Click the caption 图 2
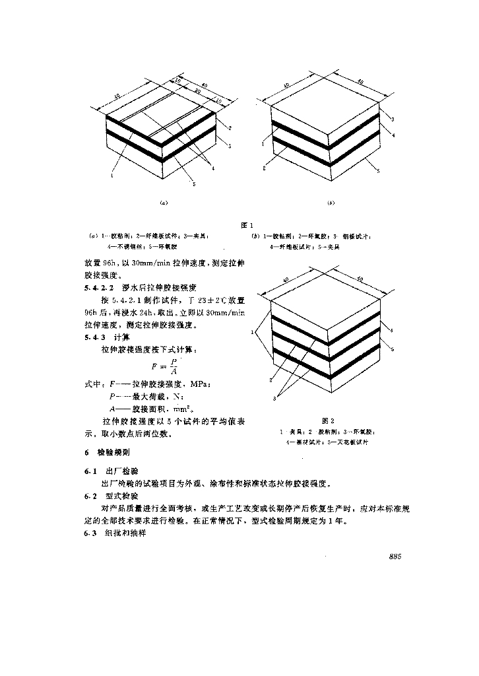(x=324, y=420)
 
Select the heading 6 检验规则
(x=105, y=454)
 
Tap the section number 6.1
(x=90, y=472)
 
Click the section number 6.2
(x=90, y=495)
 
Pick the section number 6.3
(x=90, y=532)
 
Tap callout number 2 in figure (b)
(x=263, y=168)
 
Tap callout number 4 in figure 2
(x=391, y=329)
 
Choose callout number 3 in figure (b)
(x=392, y=119)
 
